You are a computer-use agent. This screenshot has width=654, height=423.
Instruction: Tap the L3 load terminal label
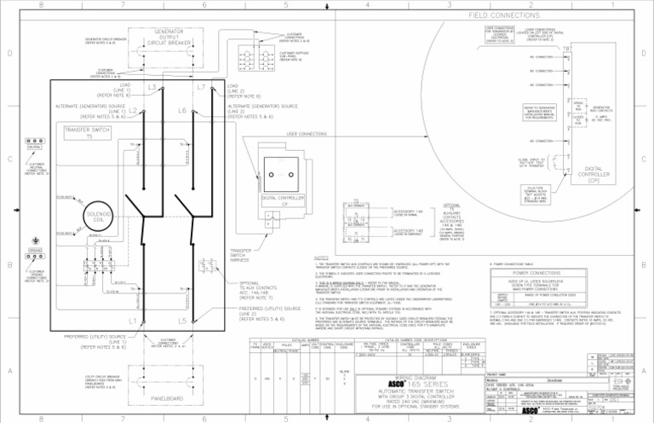(151, 88)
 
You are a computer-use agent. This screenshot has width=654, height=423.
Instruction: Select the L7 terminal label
(201, 88)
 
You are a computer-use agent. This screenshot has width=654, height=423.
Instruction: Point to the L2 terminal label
(134, 112)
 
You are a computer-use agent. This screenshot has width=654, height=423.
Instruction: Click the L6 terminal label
(182, 111)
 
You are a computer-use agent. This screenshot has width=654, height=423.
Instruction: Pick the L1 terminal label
(133, 322)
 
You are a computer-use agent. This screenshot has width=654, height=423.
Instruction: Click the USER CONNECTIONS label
(307, 134)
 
